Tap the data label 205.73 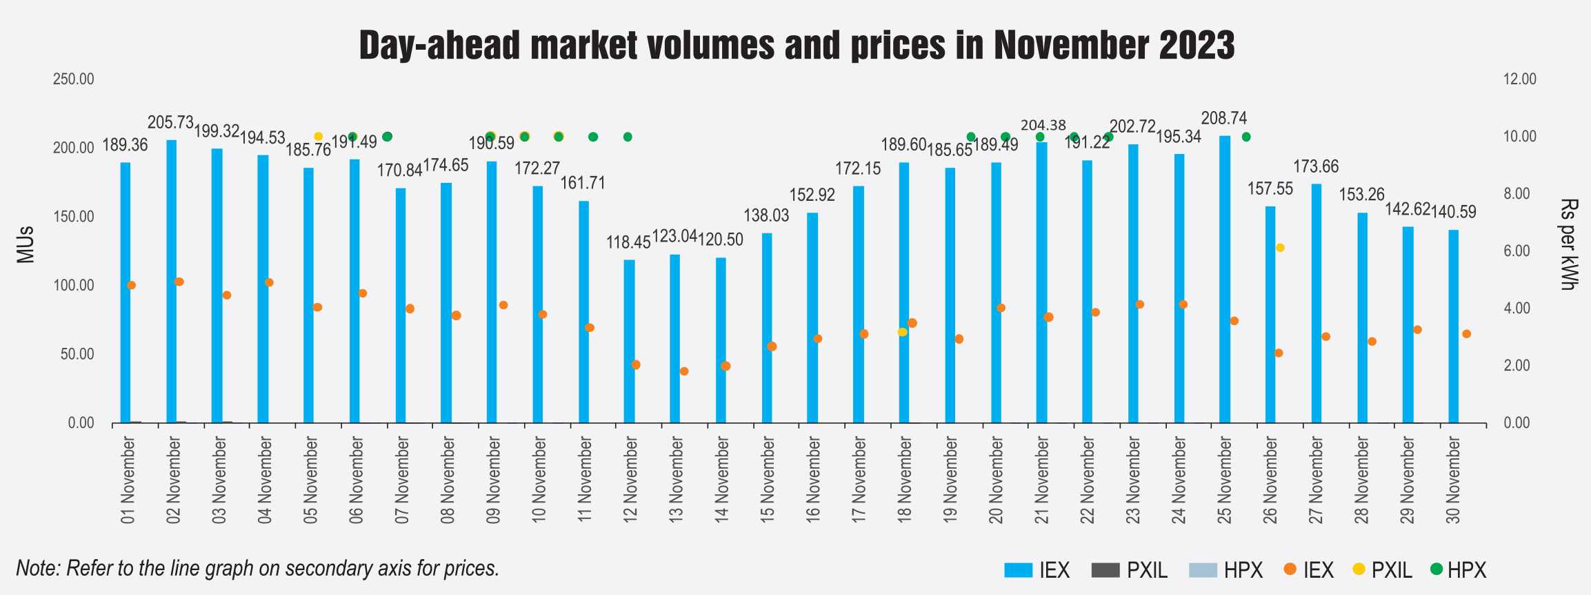[x=170, y=123]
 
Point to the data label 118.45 [x=628, y=242]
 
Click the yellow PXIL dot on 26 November [x=1280, y=248]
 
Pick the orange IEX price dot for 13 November [x=684, y=371]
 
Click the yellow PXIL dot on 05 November [x=319, y=137]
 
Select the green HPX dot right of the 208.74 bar [x=1246, y=137]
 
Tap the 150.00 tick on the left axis [x=74, y=217]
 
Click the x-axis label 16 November [x=813, y=480]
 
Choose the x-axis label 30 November [x=1454, y=480]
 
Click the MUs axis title [x=26, y=244]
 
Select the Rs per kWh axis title [x=1568, y=244]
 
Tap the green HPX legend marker [x=1437, y=569]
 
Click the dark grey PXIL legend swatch [x=1105, y=570]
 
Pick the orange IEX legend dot [x=1290, y=569]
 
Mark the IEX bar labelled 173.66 [x=1316, y=303]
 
